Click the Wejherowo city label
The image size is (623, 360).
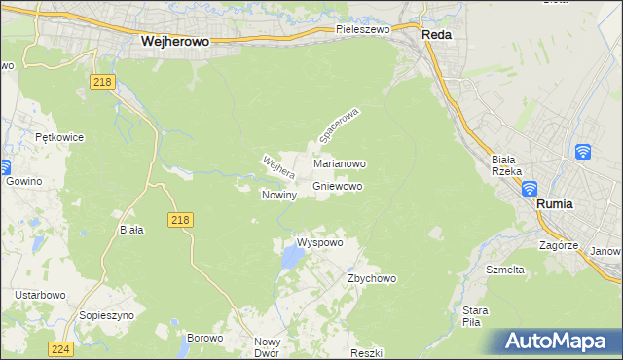[176, 42]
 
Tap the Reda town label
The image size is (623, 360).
[436, 33]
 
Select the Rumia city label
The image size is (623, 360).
[555, 204]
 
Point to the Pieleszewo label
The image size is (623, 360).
[362, 30]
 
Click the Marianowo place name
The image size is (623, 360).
[339, 164]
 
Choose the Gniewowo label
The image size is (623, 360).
[338, 186]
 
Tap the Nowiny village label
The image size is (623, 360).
[278, 195]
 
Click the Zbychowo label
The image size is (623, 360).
[372, 278]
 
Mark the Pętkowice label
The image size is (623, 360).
[55, 138]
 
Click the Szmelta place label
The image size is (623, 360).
[505, 270]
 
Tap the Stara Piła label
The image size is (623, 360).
[475, 316]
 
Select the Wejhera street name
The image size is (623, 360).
[277, 167]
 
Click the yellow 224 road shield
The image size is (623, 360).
[60, 348]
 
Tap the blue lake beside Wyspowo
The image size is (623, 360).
[290, 258]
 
